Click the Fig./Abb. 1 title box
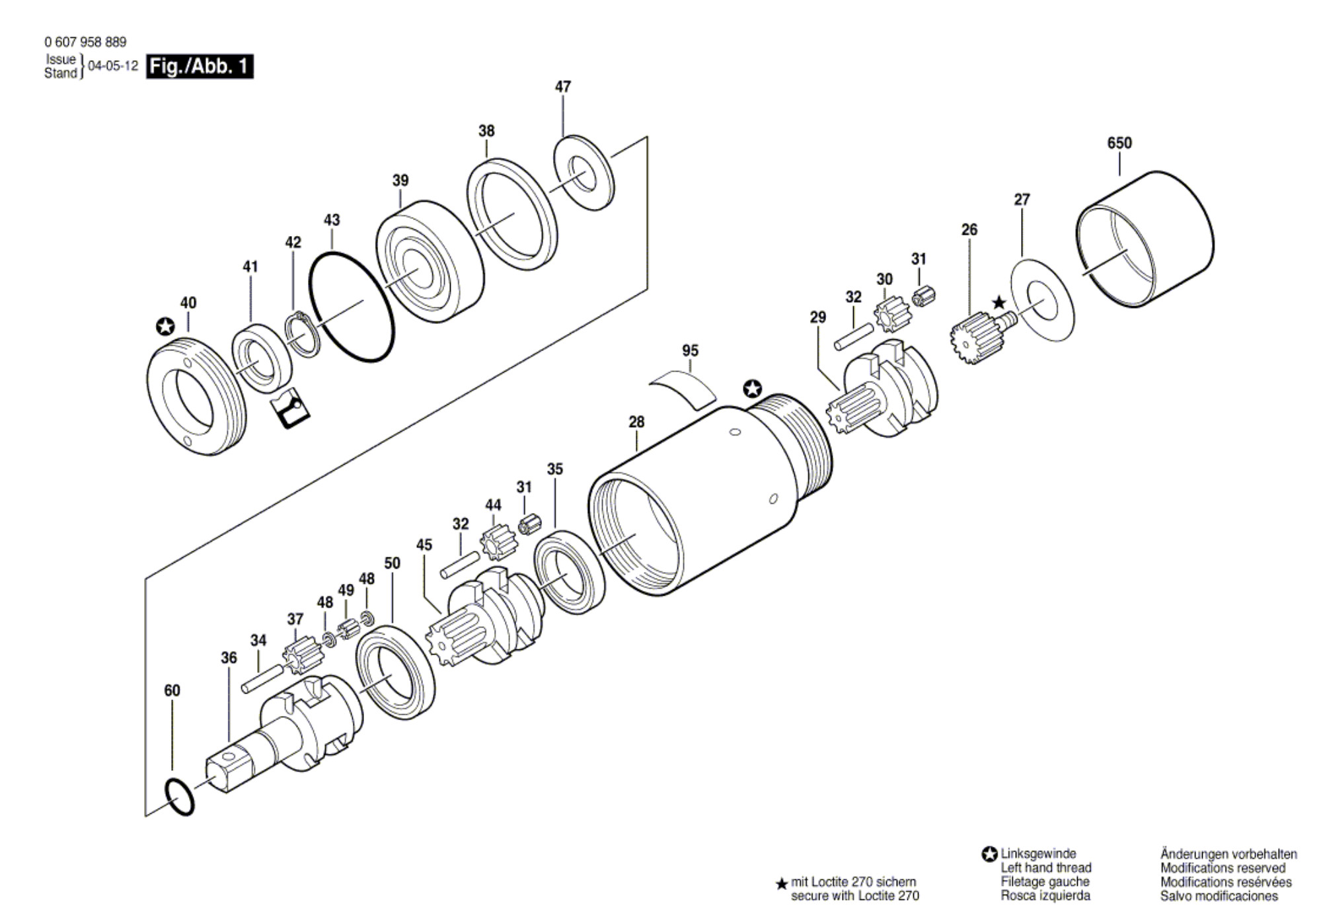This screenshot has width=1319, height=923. (x=200, y=67)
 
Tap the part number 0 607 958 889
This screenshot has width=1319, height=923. (x=85, y=42)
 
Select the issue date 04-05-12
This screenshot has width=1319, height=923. (x=113, y=66)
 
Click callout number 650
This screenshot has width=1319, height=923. (x=1119, y=143)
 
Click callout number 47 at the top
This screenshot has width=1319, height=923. (x=562, y=87)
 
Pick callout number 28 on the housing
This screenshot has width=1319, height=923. (x=636, y=422)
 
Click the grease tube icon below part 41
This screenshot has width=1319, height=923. (x=290, y=408)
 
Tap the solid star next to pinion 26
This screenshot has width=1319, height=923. (x=999, y=303)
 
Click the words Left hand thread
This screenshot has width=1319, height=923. (x=1045, y=867)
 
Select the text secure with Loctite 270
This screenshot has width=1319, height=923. (x=854, y=896)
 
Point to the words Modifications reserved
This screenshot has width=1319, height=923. (x=1223, y=868)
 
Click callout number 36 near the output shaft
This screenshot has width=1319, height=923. (x=229, y=658)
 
